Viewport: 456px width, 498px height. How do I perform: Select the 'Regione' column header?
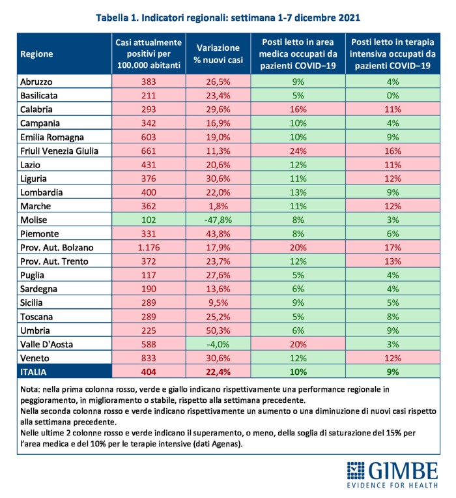[x=36, y=54]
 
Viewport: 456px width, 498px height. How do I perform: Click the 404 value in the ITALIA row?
[x=149, y=372]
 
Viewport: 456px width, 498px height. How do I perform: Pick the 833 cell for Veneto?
[x=149, y=358]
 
